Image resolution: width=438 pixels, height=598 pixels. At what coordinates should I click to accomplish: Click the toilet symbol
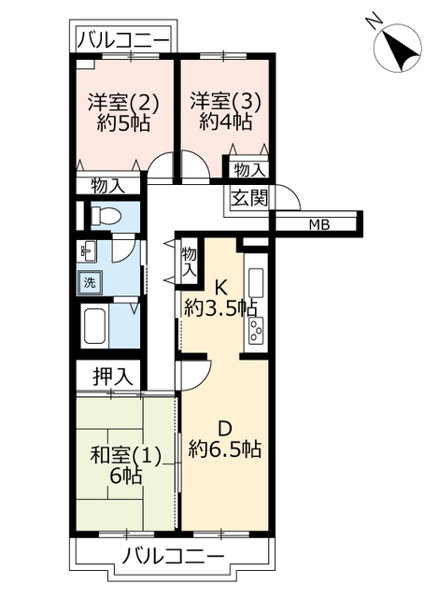click(106, 216)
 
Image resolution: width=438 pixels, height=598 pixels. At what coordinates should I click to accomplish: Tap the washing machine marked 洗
click(90, 282)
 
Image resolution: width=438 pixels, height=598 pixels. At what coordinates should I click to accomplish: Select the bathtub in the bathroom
click(96, 326)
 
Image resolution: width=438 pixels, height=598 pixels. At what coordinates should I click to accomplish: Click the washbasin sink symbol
click(87, 251)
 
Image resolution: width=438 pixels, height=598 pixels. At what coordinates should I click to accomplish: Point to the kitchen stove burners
click(256, 330)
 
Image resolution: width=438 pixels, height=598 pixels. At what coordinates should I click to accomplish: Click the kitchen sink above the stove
click(256, 284)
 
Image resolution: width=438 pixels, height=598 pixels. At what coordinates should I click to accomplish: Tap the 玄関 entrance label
click(249, 198)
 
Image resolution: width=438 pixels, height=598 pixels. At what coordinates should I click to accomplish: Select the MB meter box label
click(319, 225)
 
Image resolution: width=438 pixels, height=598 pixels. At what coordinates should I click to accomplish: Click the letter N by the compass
click(374, 20)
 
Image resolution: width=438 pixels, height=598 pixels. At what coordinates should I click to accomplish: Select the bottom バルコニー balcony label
click(173, 557)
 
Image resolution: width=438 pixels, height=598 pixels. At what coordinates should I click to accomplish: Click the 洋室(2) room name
click(123, 103)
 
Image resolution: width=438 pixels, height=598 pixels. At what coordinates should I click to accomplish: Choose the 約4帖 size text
click(226, 122)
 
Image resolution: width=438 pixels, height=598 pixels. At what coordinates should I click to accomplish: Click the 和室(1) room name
click(126, 456)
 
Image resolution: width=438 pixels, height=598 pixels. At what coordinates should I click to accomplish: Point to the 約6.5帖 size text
click(226, 448)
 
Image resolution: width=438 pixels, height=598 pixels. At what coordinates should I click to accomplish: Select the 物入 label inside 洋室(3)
click(249, 170)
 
